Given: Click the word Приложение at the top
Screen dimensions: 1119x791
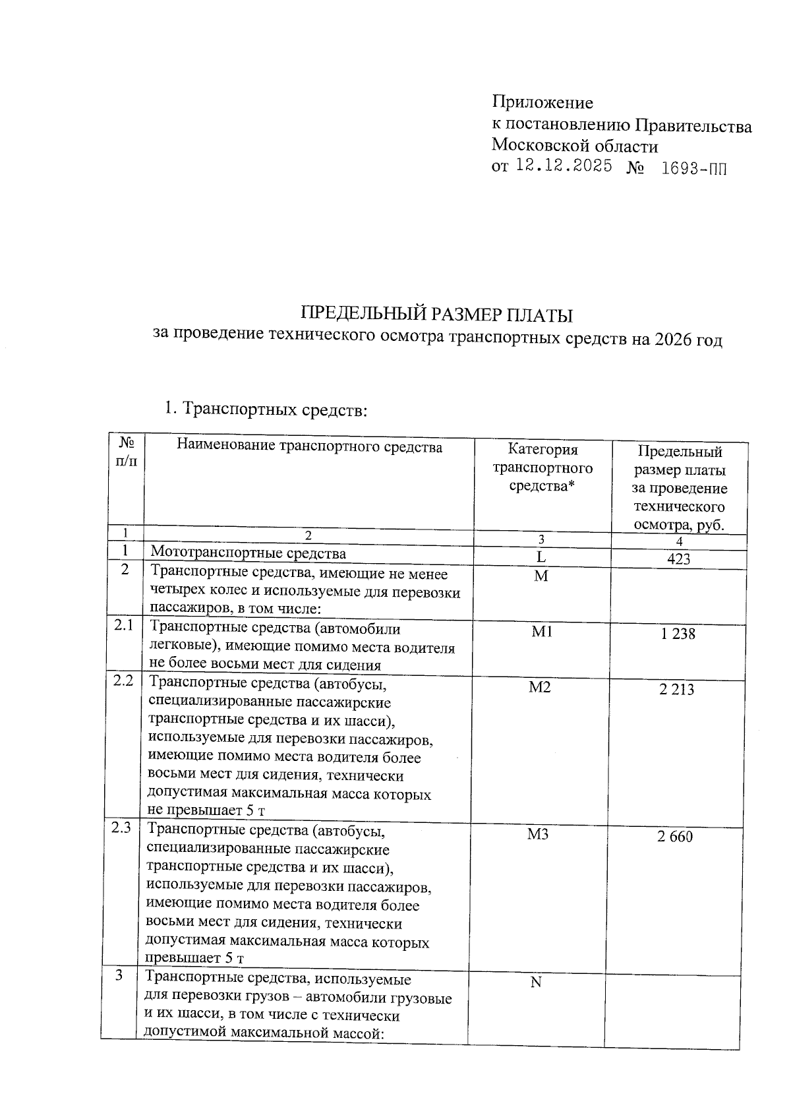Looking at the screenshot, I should click(542, 103).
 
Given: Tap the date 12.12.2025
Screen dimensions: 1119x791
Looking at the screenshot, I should click(564, 166).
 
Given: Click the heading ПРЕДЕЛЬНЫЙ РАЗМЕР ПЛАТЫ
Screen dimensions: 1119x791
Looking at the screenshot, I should click(436, 315).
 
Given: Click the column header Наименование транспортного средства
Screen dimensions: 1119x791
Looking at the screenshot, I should click(309, 446).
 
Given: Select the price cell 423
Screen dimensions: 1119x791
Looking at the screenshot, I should click(678, 559).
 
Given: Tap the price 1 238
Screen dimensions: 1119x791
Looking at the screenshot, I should click(678, 634).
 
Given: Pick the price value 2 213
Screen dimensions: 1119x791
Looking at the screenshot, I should click(676, 690).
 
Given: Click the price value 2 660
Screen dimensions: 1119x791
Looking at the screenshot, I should click(675, 837).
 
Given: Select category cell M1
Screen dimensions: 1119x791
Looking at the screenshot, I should click(542, 632).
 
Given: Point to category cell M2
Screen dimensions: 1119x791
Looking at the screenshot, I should click(540, 688).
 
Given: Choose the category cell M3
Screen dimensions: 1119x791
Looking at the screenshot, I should click(538, 835).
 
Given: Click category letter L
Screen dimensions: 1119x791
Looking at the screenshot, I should click(541, 557).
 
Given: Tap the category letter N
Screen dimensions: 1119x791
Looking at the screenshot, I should click(536, 983).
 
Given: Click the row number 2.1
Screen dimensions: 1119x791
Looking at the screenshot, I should click(123, 625).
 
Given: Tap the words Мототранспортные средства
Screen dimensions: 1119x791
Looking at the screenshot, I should click(248, 553).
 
